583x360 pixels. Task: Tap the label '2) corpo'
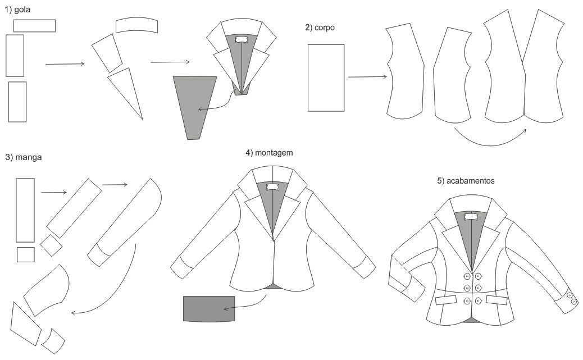(x=320, y=27)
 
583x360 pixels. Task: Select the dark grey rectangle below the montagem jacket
(x=208, y=308)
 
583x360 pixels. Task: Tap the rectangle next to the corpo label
(x=326, y=78)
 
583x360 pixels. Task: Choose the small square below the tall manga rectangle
(x=26, y=254)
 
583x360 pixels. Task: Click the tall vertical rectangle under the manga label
(x=25, y=209)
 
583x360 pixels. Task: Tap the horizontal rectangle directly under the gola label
(x=34, y=25)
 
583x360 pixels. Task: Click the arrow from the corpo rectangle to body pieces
(x=367, y=77)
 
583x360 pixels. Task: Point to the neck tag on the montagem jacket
(x=272, y=187)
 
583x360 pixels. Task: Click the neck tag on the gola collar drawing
(x=242, y=39)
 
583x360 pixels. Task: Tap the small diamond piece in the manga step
(x=51, y=246)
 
